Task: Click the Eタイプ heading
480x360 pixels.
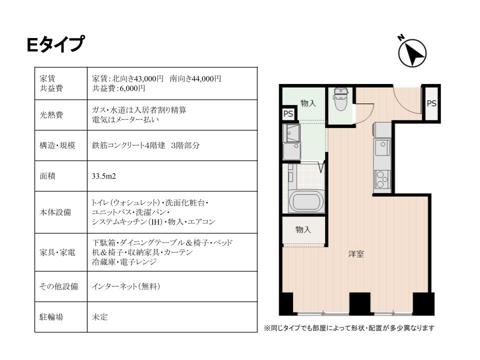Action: point(55,44)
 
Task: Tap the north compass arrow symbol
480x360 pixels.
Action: point(412,52)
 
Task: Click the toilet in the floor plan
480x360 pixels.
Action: point(340,98)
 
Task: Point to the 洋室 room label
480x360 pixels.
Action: point(356,254)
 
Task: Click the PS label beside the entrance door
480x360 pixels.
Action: point(431,103)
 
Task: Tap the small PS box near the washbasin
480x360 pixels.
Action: point(288,114)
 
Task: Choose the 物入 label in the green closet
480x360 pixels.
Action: point(308,103)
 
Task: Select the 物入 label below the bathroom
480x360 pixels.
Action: point(303,229)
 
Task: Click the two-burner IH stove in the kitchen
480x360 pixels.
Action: point(382,179)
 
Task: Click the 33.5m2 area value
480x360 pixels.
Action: point(104,176)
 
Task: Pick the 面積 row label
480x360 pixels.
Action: point(47,176)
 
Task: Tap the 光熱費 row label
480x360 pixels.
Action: point(51,115)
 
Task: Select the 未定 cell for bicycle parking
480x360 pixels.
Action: point(100,317)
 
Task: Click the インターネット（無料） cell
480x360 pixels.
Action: point(126,286)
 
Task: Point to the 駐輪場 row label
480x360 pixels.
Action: point(51,317)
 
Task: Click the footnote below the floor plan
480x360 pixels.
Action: point(349,328)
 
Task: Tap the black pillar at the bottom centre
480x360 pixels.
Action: point(360,303)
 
